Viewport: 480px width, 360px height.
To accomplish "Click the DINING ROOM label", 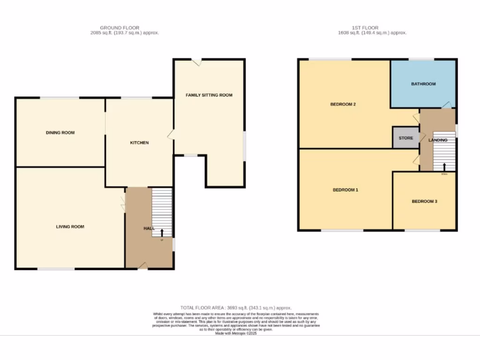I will pos(60,133).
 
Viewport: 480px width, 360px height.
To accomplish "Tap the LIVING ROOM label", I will pos(70,227).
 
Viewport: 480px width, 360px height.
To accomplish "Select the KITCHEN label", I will pos(139,142).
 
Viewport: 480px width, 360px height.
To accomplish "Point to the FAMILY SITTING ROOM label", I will pos(209,95).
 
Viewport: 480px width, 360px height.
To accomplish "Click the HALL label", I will pos(149,228).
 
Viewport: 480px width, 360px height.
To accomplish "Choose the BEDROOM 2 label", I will pos(343,104).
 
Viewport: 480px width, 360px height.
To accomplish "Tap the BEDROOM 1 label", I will pos(345,190).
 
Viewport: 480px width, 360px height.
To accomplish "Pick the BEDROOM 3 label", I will pos(424,202).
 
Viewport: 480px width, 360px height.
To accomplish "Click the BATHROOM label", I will pos(423,84).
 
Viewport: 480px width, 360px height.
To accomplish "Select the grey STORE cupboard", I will pos(406,138).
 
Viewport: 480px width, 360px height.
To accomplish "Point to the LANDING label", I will pos(438,140).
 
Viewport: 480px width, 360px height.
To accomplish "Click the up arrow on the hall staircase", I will pos(162,232).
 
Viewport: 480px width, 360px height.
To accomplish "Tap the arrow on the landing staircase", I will pos(444,166).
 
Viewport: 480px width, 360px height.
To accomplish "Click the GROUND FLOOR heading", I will pos(120,28).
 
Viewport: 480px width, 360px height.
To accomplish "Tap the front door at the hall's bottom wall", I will pos(143,267).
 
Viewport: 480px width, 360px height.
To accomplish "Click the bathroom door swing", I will pos(448,105).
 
